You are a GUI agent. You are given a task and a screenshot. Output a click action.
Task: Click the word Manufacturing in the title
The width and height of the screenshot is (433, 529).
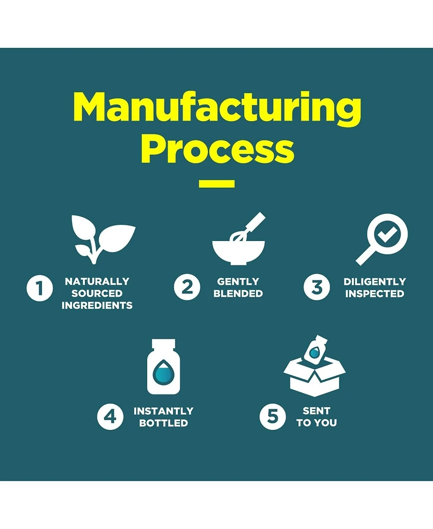pos(217,109)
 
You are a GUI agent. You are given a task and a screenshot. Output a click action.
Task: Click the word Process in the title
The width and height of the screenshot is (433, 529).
pos(218,149)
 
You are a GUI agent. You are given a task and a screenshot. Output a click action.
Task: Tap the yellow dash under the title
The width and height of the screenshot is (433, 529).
pos(216,184)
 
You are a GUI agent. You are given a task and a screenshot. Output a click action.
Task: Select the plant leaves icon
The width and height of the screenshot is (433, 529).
pos(103,239)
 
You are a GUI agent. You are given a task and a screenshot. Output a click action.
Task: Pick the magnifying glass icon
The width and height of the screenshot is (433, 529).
pos(382,239)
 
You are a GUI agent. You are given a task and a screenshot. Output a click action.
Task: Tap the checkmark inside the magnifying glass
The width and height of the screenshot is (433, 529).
pos(387,233)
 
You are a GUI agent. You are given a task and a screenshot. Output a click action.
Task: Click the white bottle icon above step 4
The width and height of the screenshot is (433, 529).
pos(163,367)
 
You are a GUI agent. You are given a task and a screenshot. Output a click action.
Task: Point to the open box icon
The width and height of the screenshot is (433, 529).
pos(314,366)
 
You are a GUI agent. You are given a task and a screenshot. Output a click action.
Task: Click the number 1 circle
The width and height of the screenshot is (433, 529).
pos(40,288)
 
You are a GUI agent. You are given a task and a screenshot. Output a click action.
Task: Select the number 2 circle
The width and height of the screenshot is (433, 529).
pos(187,287)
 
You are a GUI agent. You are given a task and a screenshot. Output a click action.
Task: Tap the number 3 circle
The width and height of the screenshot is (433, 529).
pos(317,287)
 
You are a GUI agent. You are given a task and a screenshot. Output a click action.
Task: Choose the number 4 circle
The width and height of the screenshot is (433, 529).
pos(110,417)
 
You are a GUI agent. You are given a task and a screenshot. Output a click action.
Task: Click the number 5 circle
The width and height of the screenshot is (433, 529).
pos(272,417)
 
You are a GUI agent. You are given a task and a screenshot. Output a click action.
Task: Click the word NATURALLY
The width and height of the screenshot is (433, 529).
pos(97,282)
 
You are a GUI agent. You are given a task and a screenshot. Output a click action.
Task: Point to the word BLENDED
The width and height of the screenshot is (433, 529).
pos(238,293)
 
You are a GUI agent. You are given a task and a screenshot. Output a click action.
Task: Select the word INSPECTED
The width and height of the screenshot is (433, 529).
pos(375,294)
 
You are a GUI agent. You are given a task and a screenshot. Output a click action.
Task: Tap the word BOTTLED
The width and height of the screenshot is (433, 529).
pos(163,423)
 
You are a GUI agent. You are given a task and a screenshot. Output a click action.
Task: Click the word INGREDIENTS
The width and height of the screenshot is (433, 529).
pos(97,306)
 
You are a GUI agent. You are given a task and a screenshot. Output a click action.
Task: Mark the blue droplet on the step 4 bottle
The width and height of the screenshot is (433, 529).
pos(163,373)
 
